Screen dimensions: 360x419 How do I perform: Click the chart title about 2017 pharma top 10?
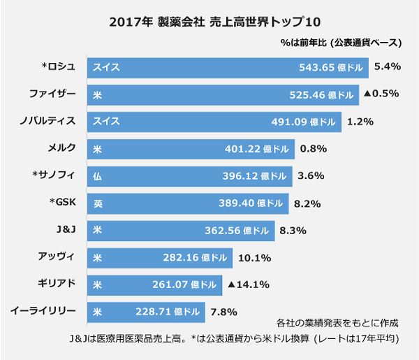coord(209,21)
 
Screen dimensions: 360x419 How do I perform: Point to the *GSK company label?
coord(59,203)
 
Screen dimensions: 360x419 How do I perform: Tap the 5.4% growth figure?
coord(386,67)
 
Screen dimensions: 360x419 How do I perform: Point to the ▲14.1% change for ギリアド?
coord(249,285)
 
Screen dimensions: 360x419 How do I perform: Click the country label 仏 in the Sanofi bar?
coord(98,176)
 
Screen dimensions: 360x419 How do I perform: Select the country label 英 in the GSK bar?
coord(98,203)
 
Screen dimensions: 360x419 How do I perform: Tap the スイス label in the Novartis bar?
coord(106,122)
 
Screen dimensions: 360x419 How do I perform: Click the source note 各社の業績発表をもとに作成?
coord(337,323)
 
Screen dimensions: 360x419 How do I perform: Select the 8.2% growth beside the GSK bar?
coord(308,203)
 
